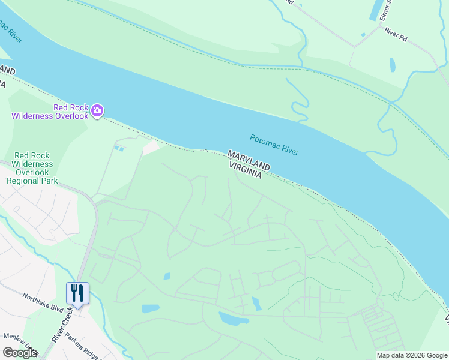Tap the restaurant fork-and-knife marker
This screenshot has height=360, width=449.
pyautogui.click(x=77, y=293)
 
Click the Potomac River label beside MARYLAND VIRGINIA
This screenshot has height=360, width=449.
pyautogui.click(x=274, y=145)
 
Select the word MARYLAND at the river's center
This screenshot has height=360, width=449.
pyautogui.click(x=249, y=159)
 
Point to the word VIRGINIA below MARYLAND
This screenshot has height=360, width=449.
pyautogui.click(x=244, y=169)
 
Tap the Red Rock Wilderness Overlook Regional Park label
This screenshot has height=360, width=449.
pyautogui.click(x=33, y=168)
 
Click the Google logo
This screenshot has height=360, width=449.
pyautogui.click(x=19, y=353)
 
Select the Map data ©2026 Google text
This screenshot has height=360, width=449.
pyautogui.click(x=411, y=355)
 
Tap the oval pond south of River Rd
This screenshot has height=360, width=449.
pyautogui.click(x=393, y=65)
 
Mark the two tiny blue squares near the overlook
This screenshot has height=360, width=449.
pyautogui.click(x=119, y=148)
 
